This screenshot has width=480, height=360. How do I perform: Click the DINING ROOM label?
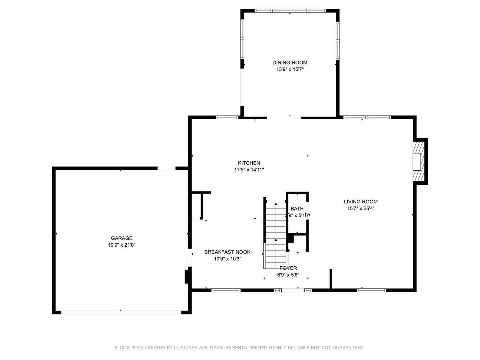point(289,63)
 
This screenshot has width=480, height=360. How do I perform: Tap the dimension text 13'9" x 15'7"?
point(289,69)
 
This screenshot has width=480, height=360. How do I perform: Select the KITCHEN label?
point(249,163)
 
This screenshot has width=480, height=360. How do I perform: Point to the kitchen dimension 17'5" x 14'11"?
point(249,170)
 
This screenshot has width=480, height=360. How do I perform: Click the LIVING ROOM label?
point(361,201)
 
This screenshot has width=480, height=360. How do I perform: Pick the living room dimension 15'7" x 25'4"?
point(361,208)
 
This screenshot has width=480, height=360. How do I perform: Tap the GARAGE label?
point(121,238)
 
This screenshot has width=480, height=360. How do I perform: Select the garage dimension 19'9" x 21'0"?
point(121,245)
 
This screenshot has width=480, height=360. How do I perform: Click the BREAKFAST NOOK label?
point(227,252)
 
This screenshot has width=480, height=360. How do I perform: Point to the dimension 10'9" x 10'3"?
point(227,259)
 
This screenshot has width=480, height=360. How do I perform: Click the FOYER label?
point(288,268)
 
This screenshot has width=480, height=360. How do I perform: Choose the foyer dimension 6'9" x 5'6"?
point(288,274)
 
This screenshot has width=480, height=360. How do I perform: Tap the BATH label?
point(297,208)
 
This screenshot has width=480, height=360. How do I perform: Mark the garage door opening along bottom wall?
point(121,312)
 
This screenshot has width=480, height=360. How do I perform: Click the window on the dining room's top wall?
point(290,11)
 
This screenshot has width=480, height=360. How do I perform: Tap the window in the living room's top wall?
point(367,117)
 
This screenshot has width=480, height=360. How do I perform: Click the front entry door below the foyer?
point(293,290)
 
